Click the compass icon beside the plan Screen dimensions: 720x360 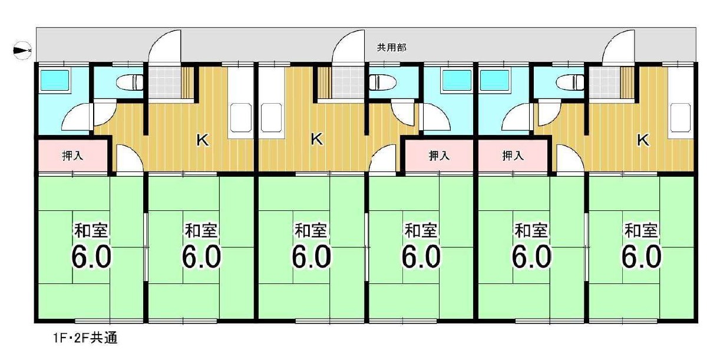[x=22, y=51]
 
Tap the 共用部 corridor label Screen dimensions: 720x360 [x=392, y=48]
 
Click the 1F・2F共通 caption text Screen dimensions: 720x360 [x=85, y=338]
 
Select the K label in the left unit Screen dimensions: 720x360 [x=203, y=140]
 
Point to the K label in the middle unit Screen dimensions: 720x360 [x=316, y=139]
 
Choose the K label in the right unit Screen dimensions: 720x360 [x=643, y=140]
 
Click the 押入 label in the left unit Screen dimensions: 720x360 [x=72, y=156]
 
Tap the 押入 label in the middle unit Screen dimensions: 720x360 [x=439, y=156]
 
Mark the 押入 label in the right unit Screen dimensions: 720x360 [x=513, y=156]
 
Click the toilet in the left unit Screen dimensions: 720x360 [x=130, y=82]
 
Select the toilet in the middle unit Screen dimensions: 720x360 [x=382, y=82]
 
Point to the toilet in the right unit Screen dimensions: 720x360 [x=570, y=82]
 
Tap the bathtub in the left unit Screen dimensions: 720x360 [x=55, y=80]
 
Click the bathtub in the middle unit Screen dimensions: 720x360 [x=457, y=80]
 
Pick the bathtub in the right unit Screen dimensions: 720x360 [x=495, y=80]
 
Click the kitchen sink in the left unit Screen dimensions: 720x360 [x=241, y=117]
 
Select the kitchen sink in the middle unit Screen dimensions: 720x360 [x=272, y=117]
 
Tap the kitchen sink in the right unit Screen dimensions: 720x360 [x=681, y=117]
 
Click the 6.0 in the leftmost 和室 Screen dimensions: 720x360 [x=91, y=256]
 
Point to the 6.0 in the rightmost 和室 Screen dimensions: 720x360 [x=641, y=256]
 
